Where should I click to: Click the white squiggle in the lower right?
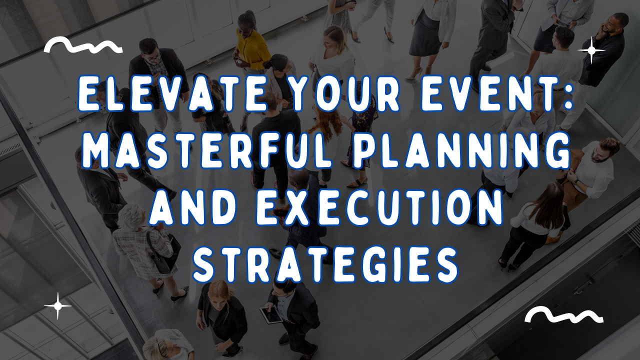pyautogui.click(x=564, y=315)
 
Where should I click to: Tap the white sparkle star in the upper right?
pyautogui.click(x=591, y=50)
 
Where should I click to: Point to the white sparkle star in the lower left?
pyautogui.click(x=57, y=305)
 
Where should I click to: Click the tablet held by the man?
pyautogui.click(x=270, y=314)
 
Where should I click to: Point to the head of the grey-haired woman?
pyautogui.click(x=131, y=216)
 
